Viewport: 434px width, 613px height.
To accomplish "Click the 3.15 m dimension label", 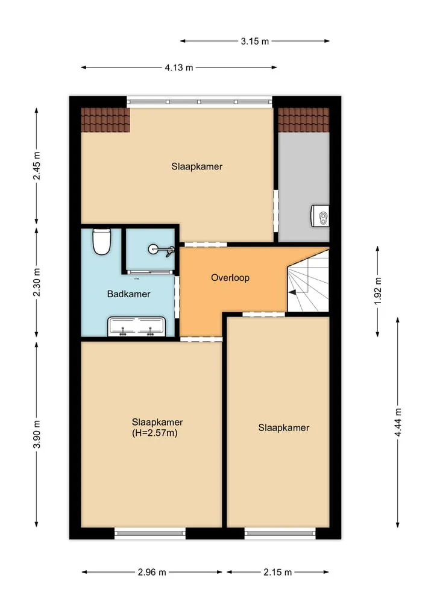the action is pos(255,41).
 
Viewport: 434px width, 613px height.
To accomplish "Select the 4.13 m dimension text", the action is pos(178,68).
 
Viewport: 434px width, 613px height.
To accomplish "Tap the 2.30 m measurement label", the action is pos(36,282).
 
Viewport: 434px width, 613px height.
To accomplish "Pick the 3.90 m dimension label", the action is pos(36,435).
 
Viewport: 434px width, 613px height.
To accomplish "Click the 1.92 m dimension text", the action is pos(378,291).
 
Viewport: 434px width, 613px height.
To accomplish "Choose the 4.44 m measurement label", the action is pos(398,423).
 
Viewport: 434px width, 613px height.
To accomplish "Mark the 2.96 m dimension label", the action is pos(152,573).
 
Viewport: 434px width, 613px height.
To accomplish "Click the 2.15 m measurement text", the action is pos(278,573).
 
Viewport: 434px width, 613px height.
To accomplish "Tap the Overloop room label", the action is pos(230,278).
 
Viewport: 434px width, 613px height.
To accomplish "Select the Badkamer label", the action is pos(128,294).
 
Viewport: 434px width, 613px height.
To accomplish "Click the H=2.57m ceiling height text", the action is pos(155,433).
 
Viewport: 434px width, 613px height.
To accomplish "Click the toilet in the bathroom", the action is pos(102,242).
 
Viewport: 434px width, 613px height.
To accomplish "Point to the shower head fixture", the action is pos(160,250).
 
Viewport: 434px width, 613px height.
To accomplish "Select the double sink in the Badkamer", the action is pos(136,327).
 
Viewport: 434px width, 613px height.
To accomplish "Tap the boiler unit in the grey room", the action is pos(320,216).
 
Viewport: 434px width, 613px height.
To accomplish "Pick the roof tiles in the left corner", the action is pos(105,120).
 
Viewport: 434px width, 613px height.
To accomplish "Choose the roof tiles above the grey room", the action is pos(303,120).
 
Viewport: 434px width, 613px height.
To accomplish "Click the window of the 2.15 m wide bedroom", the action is pos(280,533).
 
